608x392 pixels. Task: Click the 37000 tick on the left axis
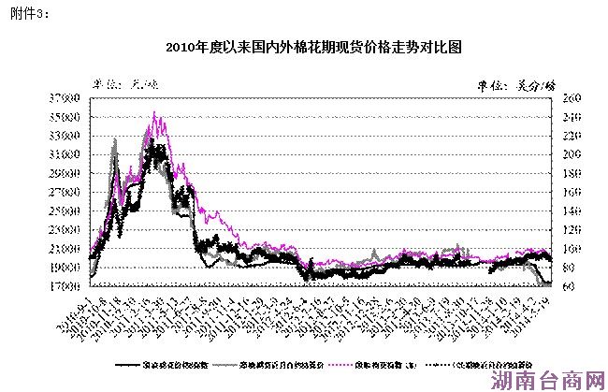[67, 98]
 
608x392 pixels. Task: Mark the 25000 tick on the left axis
[67, 211]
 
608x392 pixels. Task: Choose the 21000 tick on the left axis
[67, 249]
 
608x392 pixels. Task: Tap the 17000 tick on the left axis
[67, 286]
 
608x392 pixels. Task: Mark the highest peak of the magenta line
[154, 114]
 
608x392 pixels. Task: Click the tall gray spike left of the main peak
[115, 140]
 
